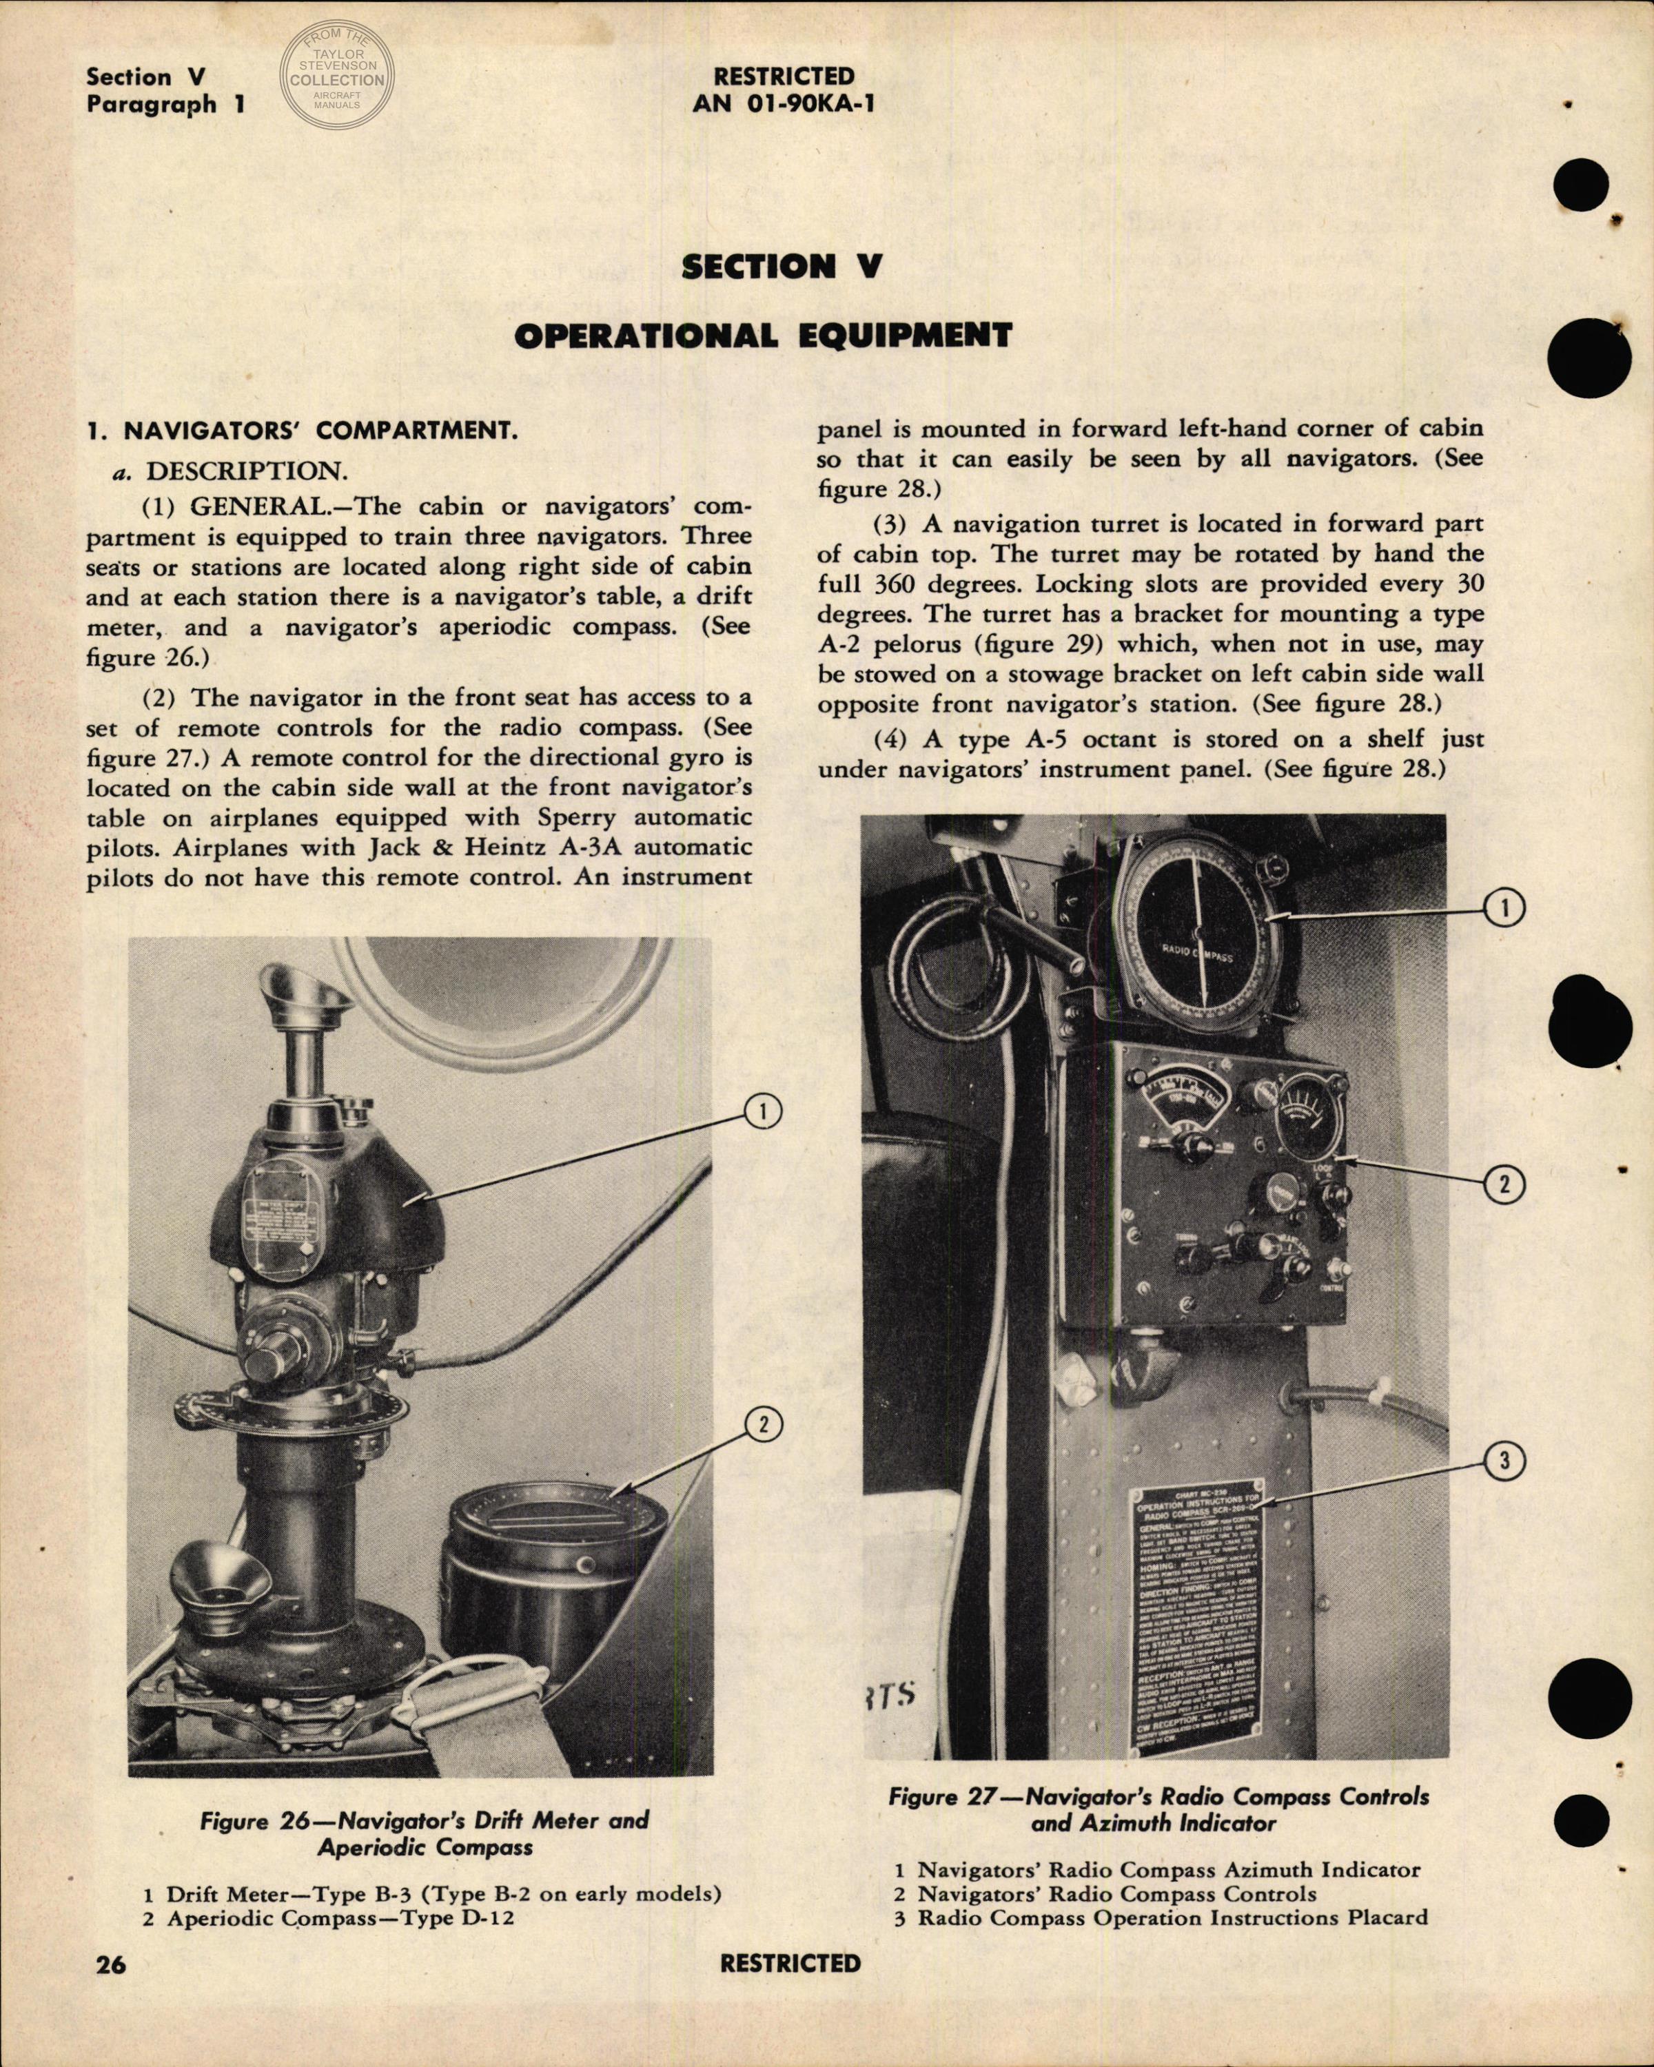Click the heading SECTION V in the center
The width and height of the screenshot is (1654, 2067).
click(781, 267)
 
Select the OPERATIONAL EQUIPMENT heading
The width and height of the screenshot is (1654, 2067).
click(762, 336)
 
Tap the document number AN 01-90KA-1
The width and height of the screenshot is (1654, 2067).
click(782, 103)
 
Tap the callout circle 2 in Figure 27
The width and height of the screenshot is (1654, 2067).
click(1504, 1185)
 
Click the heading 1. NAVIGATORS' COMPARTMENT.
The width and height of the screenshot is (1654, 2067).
click(301, 431)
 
